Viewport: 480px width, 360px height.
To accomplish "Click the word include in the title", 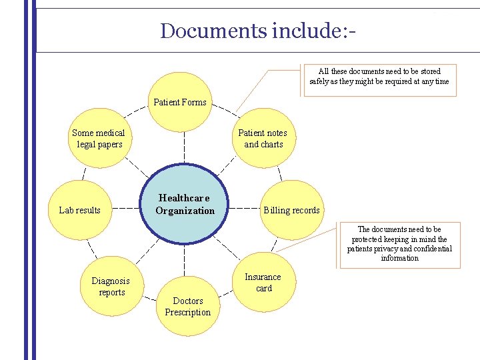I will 303,31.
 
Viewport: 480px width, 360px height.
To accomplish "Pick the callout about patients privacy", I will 400,244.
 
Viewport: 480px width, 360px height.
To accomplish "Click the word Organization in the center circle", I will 185,211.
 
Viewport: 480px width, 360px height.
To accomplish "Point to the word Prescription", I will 187,312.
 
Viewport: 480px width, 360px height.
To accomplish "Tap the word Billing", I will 276,210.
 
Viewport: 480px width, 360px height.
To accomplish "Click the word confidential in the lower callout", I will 430,249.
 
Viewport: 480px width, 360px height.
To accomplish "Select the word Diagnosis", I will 111,281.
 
